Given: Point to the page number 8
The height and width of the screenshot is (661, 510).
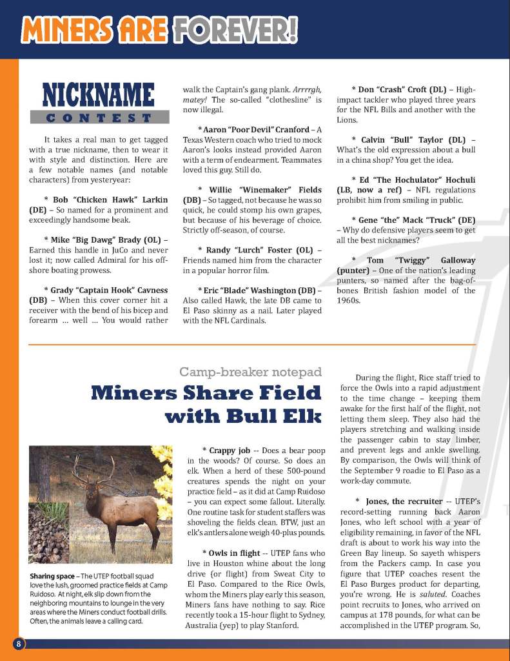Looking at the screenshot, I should click(19, 644).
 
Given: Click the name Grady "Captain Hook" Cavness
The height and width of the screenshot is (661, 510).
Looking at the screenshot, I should click(105, 290).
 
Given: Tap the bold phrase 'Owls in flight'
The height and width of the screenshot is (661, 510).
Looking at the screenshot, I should click(231, 553).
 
